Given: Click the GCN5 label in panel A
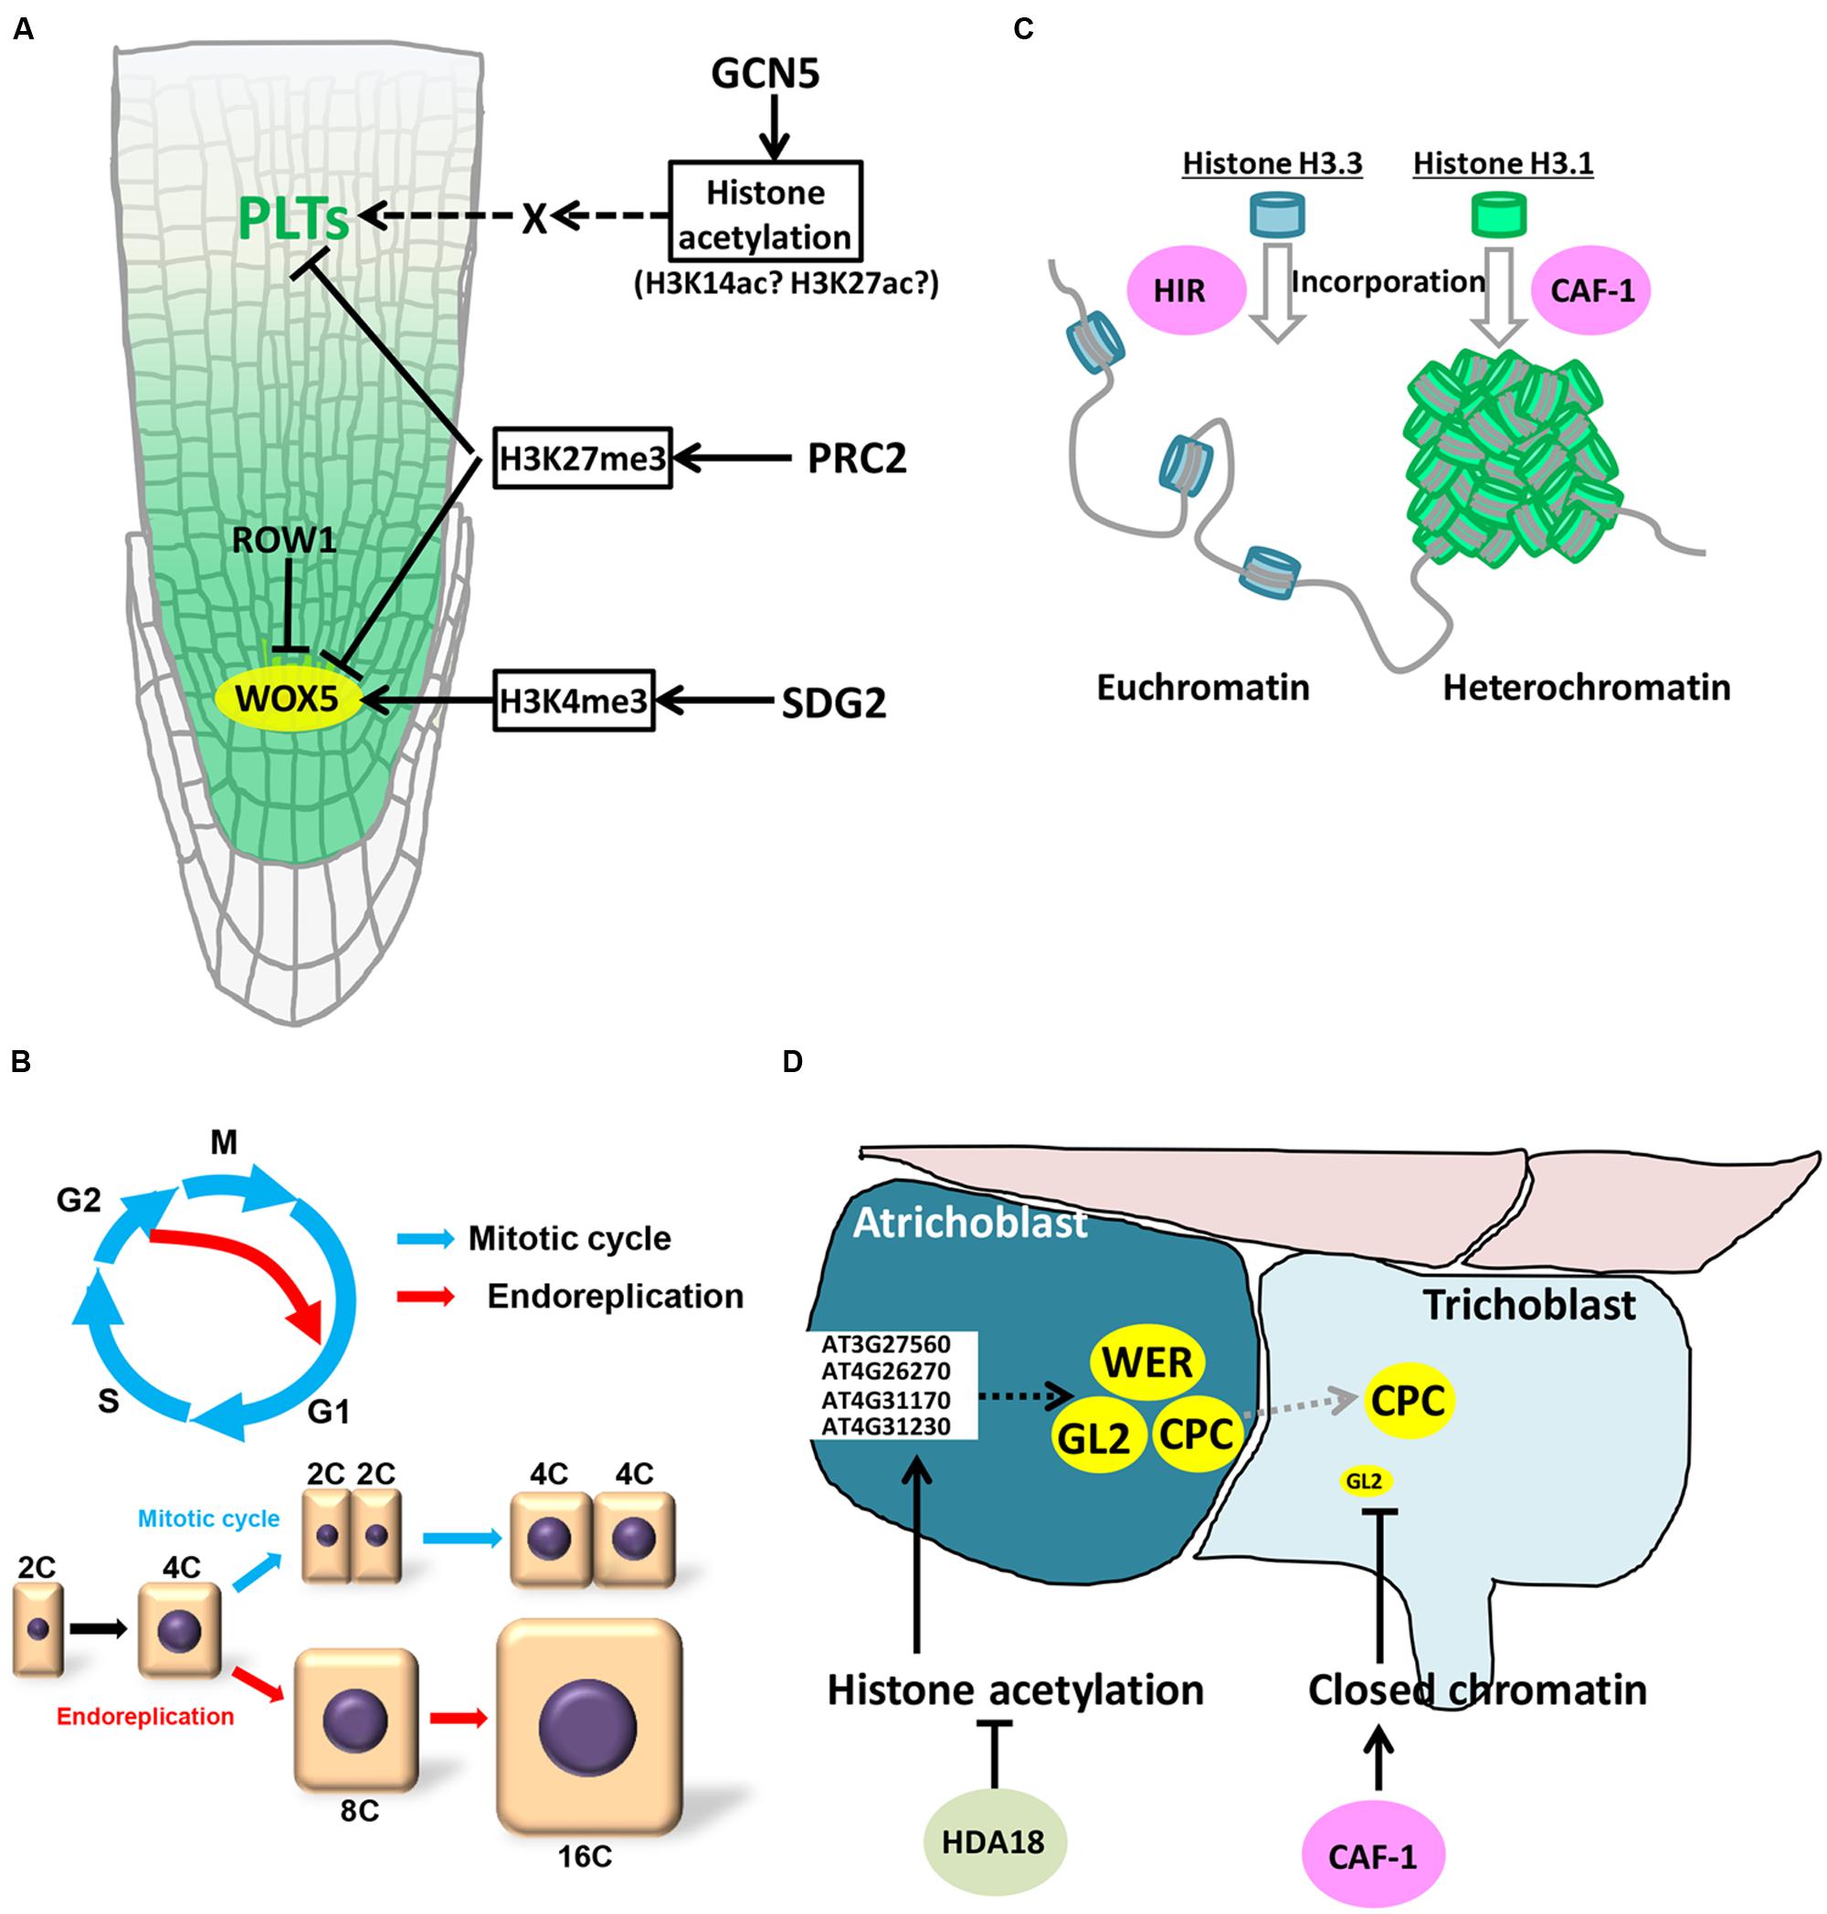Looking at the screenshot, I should tap(766, 74).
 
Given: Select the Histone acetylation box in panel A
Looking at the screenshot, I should tap(765, 215).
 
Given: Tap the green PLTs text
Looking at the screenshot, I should tap(293, 220).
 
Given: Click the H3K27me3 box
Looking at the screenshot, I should tap(581, 458).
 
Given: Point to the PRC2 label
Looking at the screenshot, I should tap(856, 458).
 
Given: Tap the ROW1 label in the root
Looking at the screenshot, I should tap(283, 541).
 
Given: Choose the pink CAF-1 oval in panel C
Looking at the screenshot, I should tap(1590, 290).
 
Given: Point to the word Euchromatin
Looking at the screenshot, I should tap(1203, 688).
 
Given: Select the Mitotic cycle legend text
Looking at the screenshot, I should tap(570, 1238).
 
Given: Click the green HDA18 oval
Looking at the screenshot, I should tap(993, 1841).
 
